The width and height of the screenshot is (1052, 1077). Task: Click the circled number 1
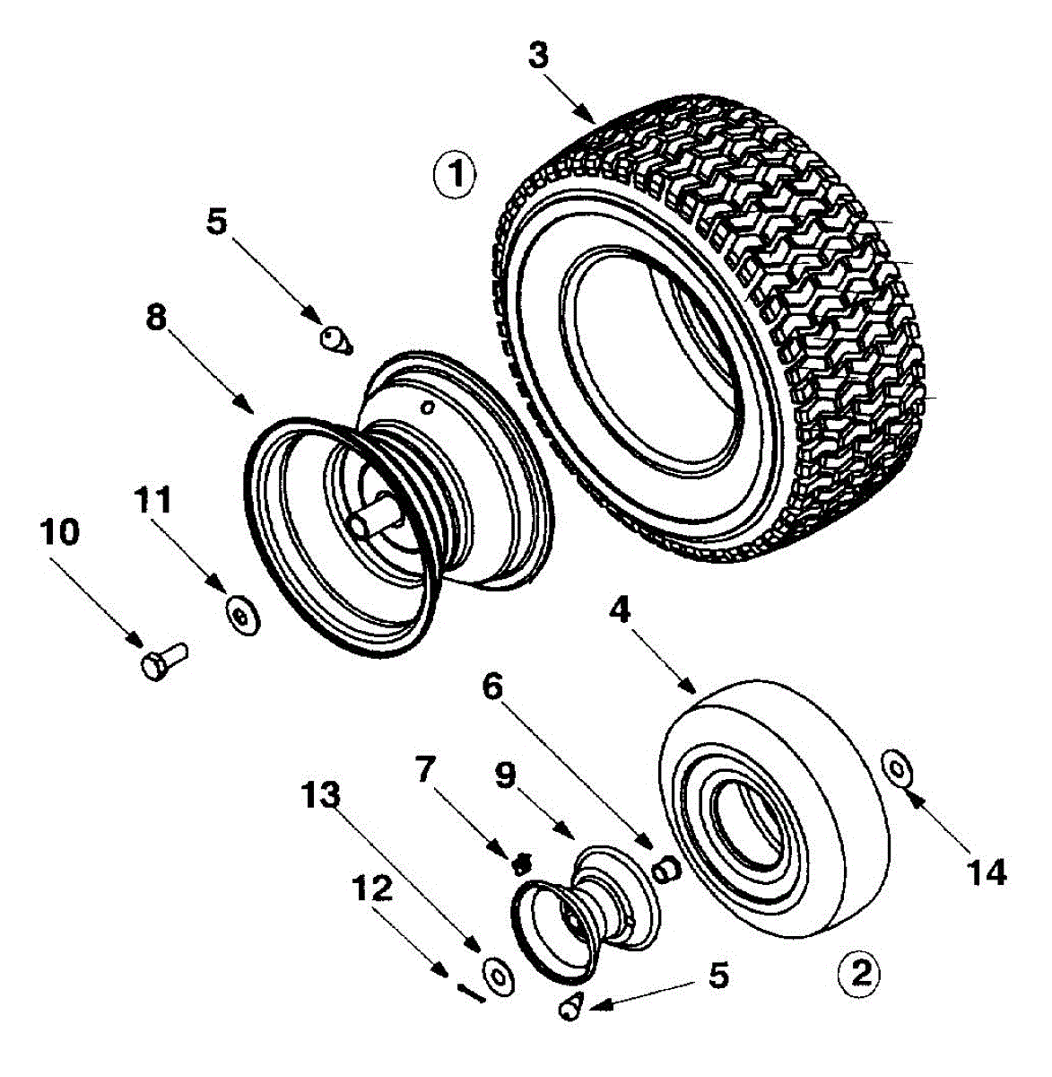[x=454, y=175]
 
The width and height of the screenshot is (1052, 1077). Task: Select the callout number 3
[x=538, y=57]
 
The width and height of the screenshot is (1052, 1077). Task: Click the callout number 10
[x=60, y=532]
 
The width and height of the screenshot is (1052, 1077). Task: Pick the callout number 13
[x=321, y=794]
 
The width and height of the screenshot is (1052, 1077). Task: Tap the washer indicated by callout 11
[x=242, y=616]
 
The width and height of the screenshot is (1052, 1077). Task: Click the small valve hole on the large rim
[x=426, y=407]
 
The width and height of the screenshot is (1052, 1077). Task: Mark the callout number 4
[x=620, y=611]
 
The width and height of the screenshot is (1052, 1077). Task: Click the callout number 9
[x=504, y=775]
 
